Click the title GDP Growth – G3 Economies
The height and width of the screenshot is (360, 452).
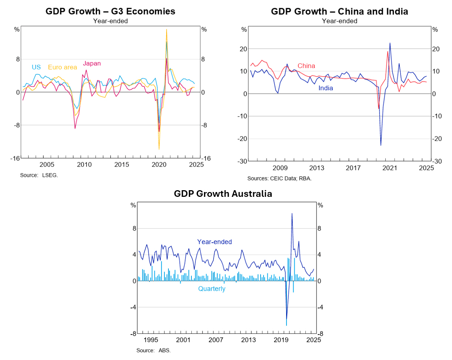coord(110,11)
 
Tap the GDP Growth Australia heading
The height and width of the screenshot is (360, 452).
coord(223,194)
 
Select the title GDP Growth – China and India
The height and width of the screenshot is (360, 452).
coord(339,11)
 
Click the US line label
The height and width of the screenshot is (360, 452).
coord(36,67)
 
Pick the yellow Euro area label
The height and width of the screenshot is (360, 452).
coord(63,67)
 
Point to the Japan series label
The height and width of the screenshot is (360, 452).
coord(92,64)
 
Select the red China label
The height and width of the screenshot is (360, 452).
coord(306,66)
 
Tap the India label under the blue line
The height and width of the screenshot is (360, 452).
coord(326,88)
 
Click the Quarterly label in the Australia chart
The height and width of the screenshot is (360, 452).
coord(211,289)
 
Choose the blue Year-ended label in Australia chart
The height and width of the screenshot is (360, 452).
coord(214,242)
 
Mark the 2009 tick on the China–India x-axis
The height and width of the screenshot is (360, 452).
coord(280,168)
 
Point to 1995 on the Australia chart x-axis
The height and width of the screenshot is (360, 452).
coord(151,340)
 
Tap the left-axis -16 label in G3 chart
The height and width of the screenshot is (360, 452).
coord(15,158)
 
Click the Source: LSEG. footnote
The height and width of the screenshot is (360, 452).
coord(39,175)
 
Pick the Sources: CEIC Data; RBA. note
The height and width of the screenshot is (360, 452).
coord(279,179)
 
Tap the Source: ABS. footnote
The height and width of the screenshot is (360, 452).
coord(153,350)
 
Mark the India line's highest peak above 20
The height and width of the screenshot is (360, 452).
coord(390,43)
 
